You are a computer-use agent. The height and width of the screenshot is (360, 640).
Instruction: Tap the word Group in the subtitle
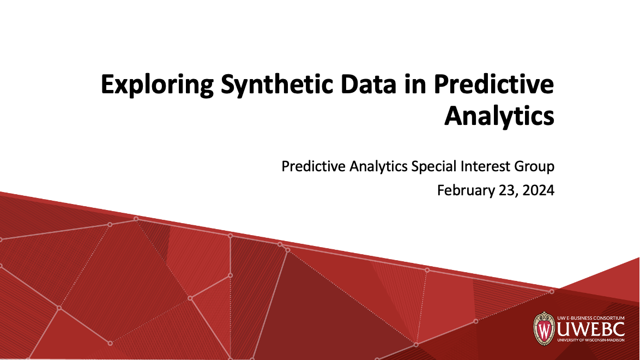[535, 166]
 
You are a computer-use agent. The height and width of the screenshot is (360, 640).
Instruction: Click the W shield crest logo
[544, 329]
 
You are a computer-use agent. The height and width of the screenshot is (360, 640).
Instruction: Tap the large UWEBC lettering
[590, 330]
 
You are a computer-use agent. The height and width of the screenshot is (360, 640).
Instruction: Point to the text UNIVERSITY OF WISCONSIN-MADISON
[590, 342]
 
